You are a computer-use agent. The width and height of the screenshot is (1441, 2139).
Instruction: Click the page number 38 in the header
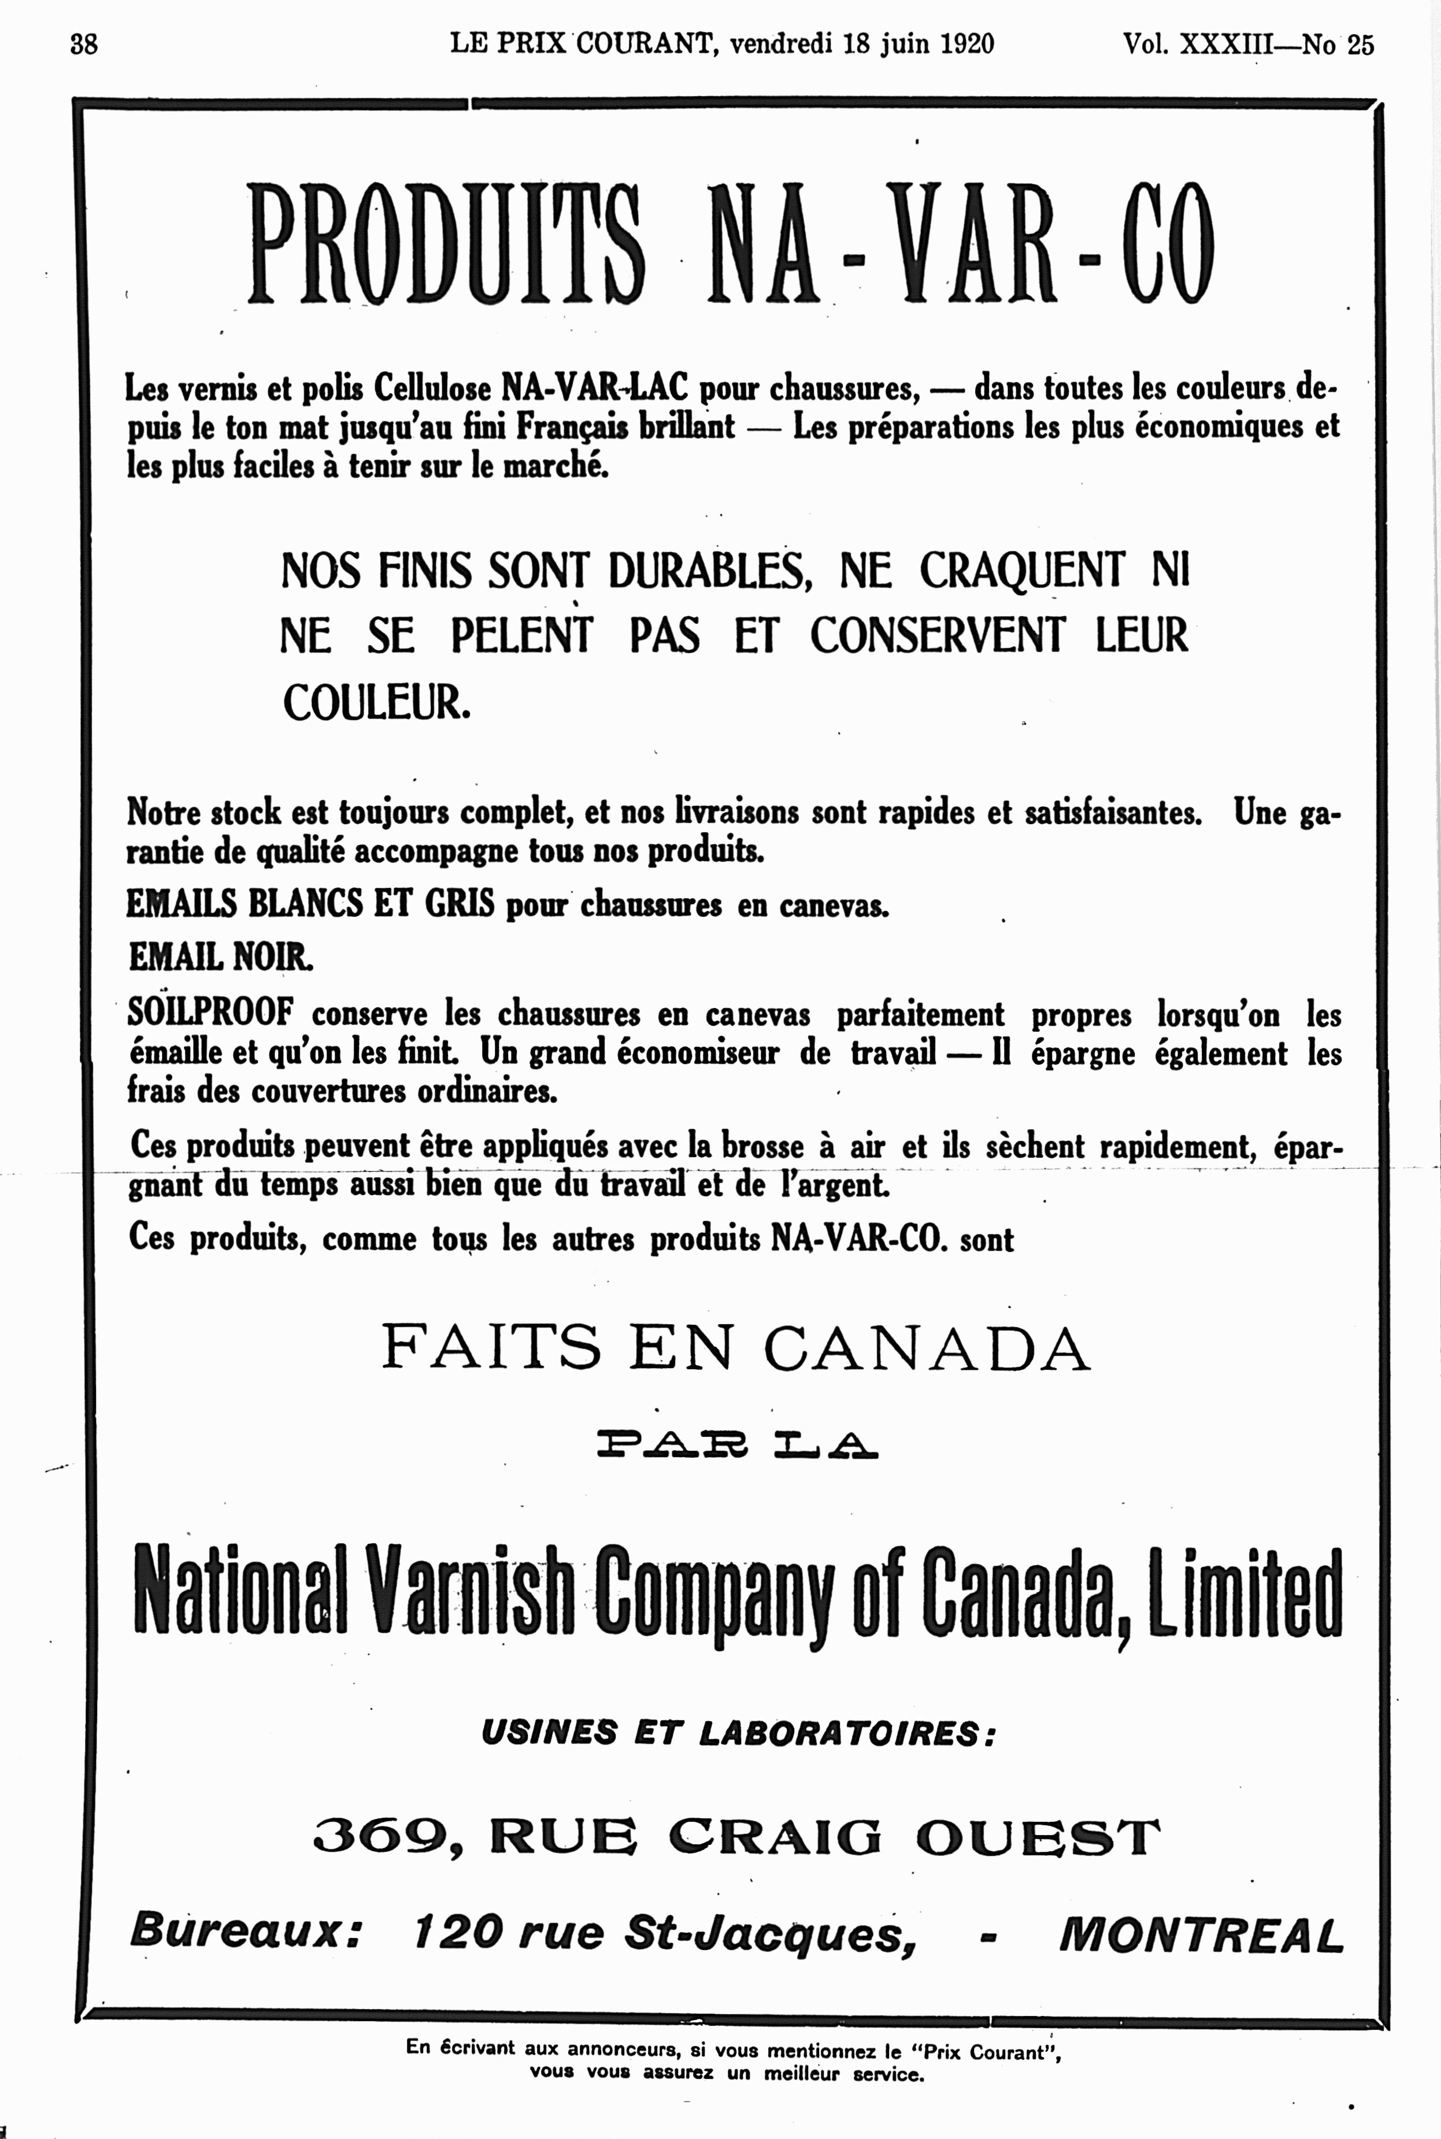click(84, 43)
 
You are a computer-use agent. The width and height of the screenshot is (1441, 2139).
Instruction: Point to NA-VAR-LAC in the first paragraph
click(594, 388)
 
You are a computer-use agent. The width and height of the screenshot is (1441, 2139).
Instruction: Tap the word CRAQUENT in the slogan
click(1022, 570)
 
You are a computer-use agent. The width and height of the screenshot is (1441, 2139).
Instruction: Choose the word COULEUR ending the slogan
click(376, 703)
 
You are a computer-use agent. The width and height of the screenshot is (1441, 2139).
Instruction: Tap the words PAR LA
click(737, 1448)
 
